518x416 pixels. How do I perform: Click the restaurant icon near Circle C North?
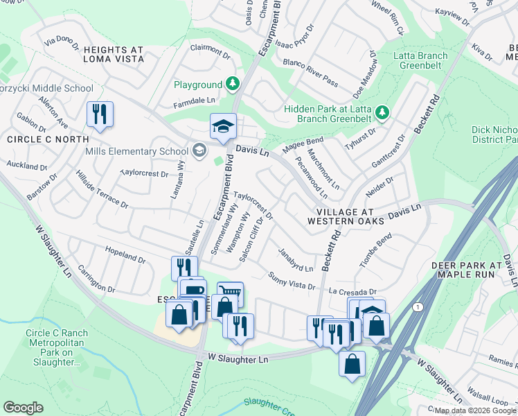click(x=100, y=114)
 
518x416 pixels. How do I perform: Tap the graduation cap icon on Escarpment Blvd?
click(x=223, y=126)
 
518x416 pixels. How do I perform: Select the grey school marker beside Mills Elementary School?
click(x=199, y=151)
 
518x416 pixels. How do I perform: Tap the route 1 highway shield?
click(x=416, y=306)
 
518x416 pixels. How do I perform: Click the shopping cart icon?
click(x=231, y=293)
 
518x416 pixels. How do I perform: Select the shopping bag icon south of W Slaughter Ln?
click(x=352, y=363)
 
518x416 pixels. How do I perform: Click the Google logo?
click(x=23, y=408)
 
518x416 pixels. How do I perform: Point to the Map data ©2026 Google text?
click(x=474, y=410)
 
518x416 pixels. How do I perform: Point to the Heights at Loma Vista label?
click(x=114, y=54)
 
